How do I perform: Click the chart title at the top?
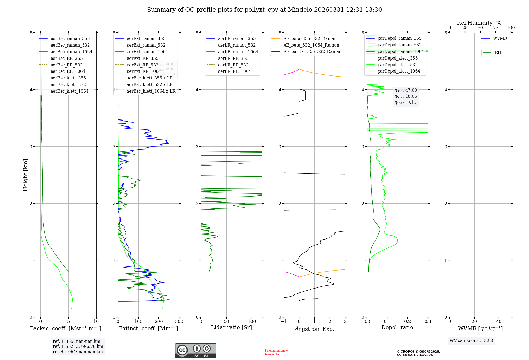point(264,10)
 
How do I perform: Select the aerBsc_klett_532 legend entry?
point(68,84)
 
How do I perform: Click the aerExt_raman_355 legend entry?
point(146,39)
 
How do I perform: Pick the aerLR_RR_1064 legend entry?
point(234,71)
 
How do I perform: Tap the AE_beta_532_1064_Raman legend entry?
point(311,45)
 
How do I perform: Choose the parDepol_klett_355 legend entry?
point(398,58)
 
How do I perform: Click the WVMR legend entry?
point(500,38)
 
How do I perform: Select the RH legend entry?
point(498,53)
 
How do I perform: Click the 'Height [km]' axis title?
point(25,175)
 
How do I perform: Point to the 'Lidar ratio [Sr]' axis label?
point(231,327)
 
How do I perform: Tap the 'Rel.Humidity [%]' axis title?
point(480,23)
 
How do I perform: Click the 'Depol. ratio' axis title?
point(397,327)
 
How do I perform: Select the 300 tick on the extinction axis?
point(179,322)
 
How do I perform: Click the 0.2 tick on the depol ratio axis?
point(408,322)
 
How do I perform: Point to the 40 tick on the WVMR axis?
point(499,322)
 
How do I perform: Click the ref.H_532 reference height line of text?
point(78,346)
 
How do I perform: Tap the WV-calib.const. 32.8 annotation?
point(471,341)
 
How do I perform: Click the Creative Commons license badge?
point(195,351)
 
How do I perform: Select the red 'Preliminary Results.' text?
point(276,352)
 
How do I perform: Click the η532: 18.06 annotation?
point(406,96)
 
